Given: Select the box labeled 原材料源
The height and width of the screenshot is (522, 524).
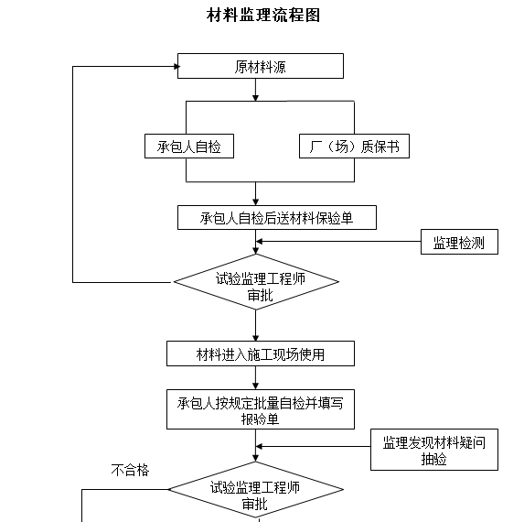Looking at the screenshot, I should [261, 66].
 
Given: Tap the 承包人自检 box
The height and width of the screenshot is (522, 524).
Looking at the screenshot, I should [189, 146].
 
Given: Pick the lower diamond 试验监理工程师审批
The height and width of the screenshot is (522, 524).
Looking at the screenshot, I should [255, 494].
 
